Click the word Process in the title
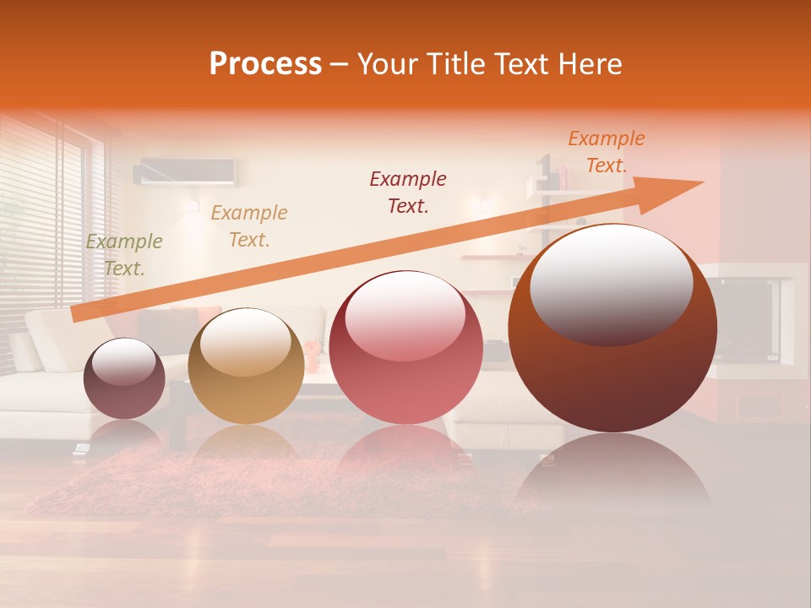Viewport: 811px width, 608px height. [x=265, y=64]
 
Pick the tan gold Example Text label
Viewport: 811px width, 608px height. [x=249, y=226]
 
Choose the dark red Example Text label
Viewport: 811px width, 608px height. [x=408, y=193]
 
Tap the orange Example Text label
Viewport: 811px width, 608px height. [x=606, y=152]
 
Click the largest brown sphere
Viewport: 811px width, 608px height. [x=612, y=372]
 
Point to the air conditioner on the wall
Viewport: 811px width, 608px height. [x=185, y=172]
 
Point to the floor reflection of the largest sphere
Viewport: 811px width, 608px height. [x=612, y=473]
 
